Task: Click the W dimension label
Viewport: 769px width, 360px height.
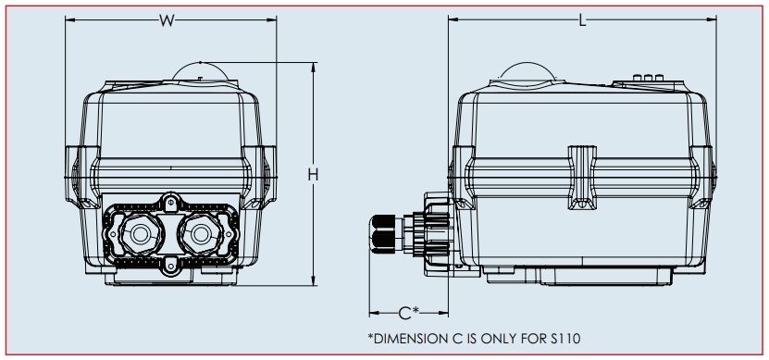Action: click(167, 20)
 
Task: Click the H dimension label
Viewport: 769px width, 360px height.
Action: click(313, 174)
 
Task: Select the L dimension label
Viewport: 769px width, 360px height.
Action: click(582, 20)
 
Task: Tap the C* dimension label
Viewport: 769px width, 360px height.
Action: click(408, 313)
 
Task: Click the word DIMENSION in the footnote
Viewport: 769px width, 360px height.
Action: click(407, 339)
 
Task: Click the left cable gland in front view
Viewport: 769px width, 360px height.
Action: click(141, 234)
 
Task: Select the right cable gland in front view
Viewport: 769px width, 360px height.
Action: click(200, 234)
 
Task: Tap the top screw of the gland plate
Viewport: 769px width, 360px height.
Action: click(169, 202)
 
